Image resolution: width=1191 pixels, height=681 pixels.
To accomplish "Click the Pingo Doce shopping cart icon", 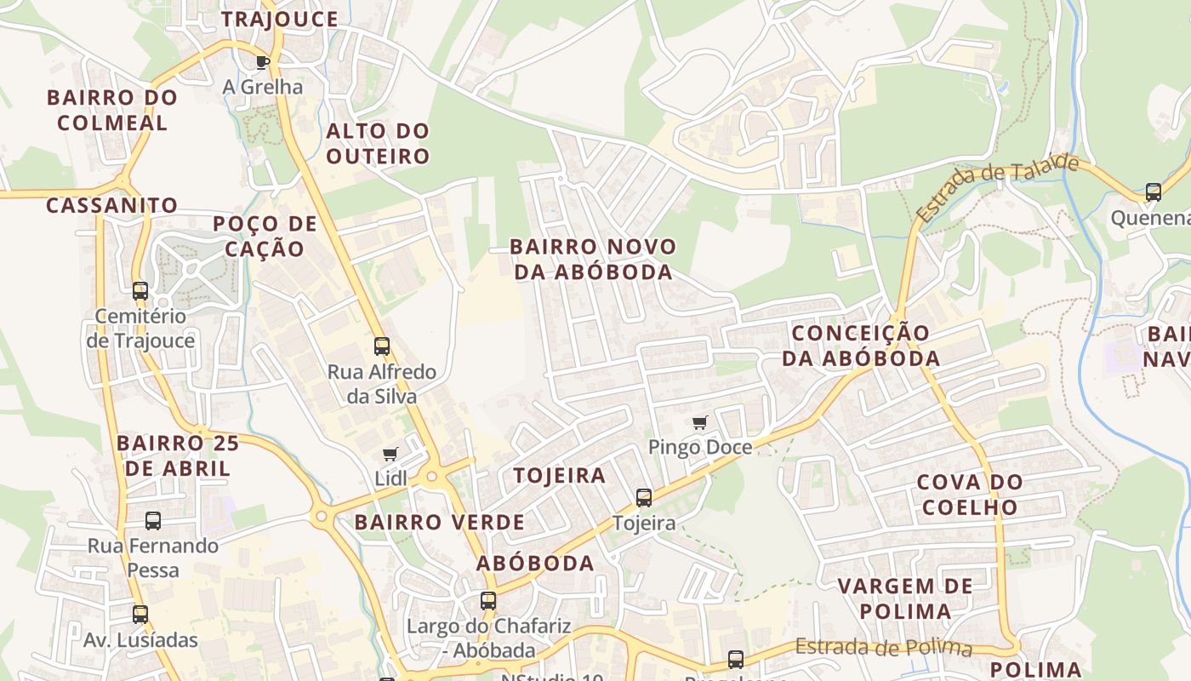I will [x=700, y=423].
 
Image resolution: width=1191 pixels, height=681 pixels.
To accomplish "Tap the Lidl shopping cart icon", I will [x=390, y=455].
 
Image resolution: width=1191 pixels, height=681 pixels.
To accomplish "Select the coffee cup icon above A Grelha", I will [x=263, y=62].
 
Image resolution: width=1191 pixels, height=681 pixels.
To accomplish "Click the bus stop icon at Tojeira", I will [x=644, y=498].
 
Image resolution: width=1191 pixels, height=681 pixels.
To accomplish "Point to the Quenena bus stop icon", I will [x=1154, y=192].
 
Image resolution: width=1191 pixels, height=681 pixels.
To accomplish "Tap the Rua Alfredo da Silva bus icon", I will [x=382, y=346].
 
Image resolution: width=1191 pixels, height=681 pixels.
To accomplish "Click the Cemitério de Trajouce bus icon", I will [x=140, y=291].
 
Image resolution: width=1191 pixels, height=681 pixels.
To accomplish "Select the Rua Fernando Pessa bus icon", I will [x=153, y=521].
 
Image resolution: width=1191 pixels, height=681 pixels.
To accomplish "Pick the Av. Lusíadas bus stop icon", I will [x=140, y=615].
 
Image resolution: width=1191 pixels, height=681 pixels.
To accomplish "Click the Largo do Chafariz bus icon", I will [x=488, y=601].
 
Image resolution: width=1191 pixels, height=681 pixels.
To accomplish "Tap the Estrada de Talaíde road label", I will [x=997, y=188].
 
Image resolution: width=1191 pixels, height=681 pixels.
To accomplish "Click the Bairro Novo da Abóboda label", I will [x=593, y=260].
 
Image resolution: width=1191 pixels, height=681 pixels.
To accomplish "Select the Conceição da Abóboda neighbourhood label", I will [x=861, y=345].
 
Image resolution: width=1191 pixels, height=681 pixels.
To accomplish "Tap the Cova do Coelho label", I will [x=970, y=495].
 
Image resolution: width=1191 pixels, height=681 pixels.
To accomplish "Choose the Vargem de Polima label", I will [x=905, y=598].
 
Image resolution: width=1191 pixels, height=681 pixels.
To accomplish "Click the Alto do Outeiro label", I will [x=378, y=144].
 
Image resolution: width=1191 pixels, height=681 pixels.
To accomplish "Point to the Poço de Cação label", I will [x=265, y=237].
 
